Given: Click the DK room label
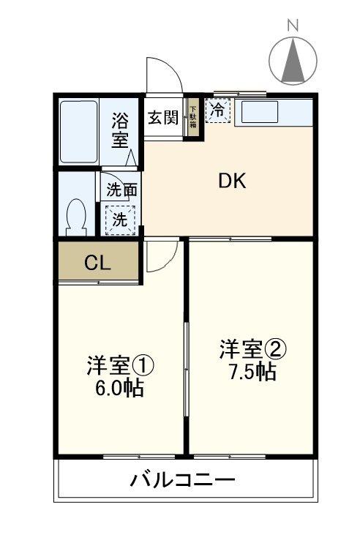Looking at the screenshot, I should pyautogui.click(x=232, y=182).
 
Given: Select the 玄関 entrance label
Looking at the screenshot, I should pyautogui.click(x=163, y=116).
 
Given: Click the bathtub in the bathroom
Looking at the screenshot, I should pyautogui.click(x=78, y=132).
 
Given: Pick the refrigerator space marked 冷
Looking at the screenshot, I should pyautogui.click(x=218, y=111).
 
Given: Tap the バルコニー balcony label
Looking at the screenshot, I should pyautogui.click(x=183, y=480).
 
